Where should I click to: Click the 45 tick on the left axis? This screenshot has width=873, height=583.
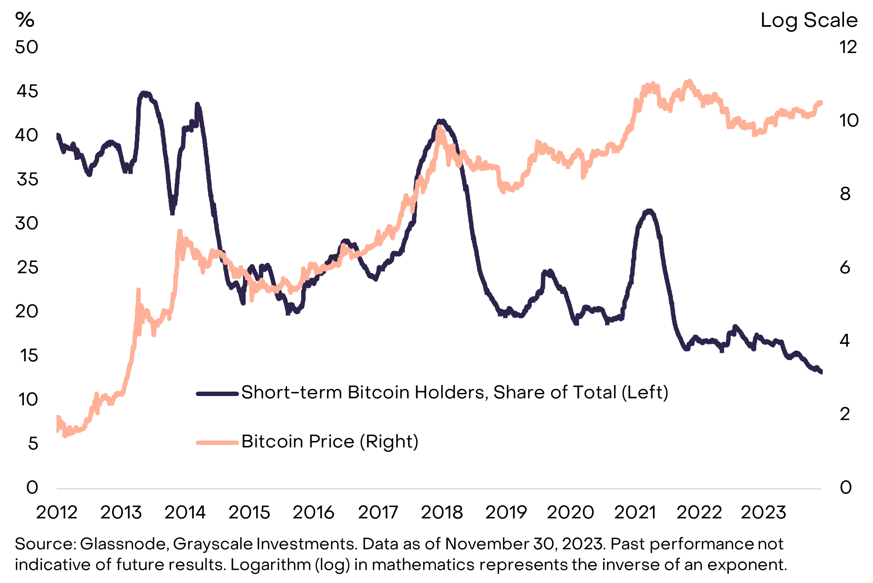[x=27, y=91]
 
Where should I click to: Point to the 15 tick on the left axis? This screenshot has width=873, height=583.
[x=29, y=355]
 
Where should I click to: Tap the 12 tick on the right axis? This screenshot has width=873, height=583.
[x=847, y=47]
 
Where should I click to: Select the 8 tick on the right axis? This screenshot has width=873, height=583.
[x=845, y=194]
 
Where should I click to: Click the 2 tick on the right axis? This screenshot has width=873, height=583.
[x=845, y=414]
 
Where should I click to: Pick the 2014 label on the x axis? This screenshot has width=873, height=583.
[x=185, y=512]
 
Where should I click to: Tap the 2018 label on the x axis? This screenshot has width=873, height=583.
[x=442, y=512]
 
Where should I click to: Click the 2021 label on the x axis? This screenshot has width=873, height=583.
[x=635, y=512]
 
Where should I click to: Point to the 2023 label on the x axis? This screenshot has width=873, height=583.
[x=763, y=512]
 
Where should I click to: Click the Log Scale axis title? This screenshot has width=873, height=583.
[x=809, y=20]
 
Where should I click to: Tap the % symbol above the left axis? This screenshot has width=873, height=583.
[x=25, y=20]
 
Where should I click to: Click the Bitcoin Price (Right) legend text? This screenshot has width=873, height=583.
[x=330, y=441]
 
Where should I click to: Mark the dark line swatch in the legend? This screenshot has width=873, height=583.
[x=217, y=393]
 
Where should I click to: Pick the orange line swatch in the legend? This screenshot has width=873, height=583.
[x=217, y=442]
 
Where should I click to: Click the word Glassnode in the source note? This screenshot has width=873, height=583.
[x=124, y=544]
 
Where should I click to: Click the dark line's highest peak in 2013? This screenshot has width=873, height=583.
[x=144, y=93]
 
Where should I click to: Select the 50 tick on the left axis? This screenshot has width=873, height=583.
[x=26, y=47]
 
